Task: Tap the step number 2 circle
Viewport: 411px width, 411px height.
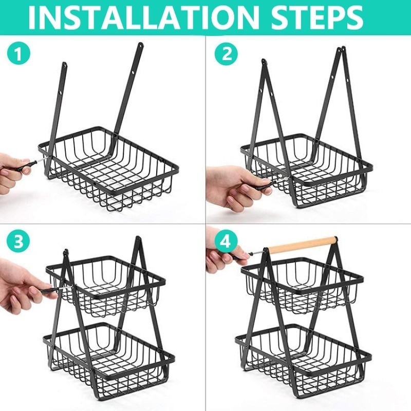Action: [227, 54]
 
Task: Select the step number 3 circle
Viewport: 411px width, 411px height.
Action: [18, 241]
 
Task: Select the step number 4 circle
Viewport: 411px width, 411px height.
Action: [226, 241]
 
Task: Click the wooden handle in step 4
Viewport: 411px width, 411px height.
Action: [303, 245]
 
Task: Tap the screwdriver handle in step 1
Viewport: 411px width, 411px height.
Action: [26, 166]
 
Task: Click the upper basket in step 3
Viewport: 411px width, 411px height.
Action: [105, 286]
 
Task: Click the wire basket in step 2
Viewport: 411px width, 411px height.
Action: [307, 173]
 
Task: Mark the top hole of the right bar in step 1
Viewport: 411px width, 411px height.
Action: [141, 46]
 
